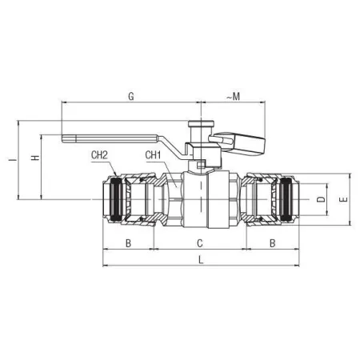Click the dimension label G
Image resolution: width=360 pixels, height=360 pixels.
pyautogui.click(x=131, y=96)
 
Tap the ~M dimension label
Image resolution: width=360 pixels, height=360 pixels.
pyautogui.click(x=234, y=97)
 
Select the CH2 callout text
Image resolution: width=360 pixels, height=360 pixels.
pyautogui.click(x=99, y=155)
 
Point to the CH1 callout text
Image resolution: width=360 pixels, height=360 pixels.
pyautogui.click(x=153, y=155)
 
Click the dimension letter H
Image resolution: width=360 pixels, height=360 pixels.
pyautogui.click(x=35, y=158)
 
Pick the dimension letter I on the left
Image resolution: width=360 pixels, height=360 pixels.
pyautogui.click(x=13, y=160)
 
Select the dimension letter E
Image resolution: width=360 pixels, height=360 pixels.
pyautogui.click(x=344, y=199)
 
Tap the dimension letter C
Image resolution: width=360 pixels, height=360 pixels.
pyautogui.click(x=200, y=243)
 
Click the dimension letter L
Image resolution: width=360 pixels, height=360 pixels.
pyautogui.click(x=201, y=260)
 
